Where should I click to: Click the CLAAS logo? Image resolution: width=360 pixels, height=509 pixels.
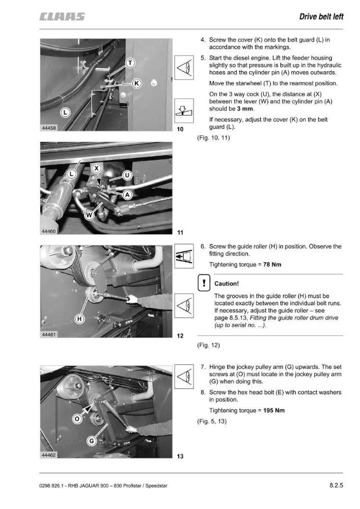tap(62, 17)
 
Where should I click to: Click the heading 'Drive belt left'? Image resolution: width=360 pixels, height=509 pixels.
tap(321, 17)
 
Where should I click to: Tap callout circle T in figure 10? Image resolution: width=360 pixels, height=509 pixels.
tap(130, 63)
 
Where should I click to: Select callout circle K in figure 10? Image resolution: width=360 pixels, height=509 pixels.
tap(137, 83)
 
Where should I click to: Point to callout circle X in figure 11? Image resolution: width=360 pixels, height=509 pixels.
tap(96, 168)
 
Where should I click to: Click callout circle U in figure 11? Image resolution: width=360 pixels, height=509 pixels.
tap(127, 176)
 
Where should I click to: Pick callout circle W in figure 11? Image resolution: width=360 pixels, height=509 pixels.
tap(89, 215)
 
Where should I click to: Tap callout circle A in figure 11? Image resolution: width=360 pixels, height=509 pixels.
tap(128, 194)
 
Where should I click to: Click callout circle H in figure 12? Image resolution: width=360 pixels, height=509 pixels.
tap(79, 319)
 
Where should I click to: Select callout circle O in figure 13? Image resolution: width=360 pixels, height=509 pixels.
tap(77, 419)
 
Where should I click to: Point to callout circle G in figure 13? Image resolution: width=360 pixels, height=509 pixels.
tap(92, 441)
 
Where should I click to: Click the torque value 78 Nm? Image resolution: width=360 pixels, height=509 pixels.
tap(272, 265)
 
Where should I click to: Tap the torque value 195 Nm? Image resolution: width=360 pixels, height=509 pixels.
tap(273, 410)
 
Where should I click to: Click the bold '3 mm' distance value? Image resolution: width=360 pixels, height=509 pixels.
tap(245, 109)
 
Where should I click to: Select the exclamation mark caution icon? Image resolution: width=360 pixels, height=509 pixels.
tap(204, 283)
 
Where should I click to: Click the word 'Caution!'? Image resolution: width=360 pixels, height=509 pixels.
tap(226, 284)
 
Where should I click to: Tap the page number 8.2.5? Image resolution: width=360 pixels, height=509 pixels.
tap(336, 485)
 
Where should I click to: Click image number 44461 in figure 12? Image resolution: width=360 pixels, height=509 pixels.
tap(49, 334)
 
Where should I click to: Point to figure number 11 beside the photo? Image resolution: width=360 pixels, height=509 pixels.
tap(180, 233)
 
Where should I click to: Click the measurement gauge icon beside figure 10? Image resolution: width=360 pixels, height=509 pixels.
tap(184, 110)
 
